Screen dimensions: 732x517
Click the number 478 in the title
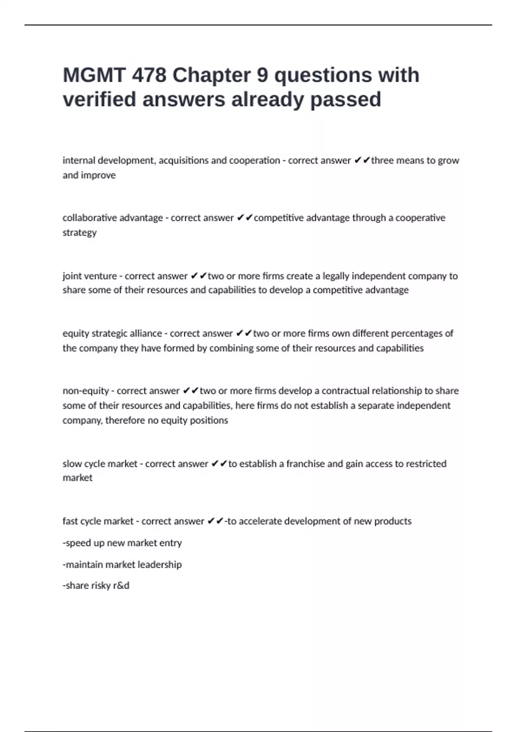pyautogui.click(x=149, y=75)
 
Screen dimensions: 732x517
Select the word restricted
pyautogui.click(x=426, y=464)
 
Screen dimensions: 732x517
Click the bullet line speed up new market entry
pyautogui.click(x=122, y=543)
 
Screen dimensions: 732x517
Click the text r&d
pyautogui.click(x=121, y=586)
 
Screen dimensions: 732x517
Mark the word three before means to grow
pyautogui.click(x=382, y=161)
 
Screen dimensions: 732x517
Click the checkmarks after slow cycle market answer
pyautogui.click(x=219, y=464)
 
